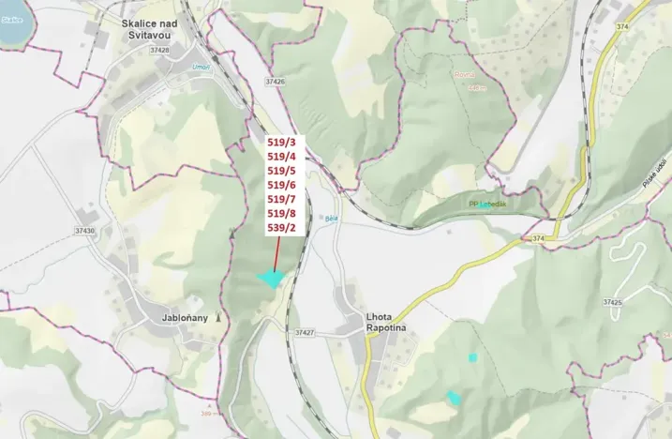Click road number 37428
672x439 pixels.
click(x=159, y=51)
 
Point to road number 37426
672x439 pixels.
click(x=275, y=82)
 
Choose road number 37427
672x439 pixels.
click(x=304, y=333)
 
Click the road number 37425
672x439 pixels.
click(x=613, y=303)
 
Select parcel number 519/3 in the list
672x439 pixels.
click(x=281, y=143)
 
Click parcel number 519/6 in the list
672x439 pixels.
click(x=281, y=185)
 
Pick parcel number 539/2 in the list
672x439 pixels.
click(x=281, y=227)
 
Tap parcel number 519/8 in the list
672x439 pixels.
click(x=281, y=213)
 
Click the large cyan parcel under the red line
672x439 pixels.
click(x=272, y=279)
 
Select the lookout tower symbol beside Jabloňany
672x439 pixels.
click(x=218, y=318)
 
